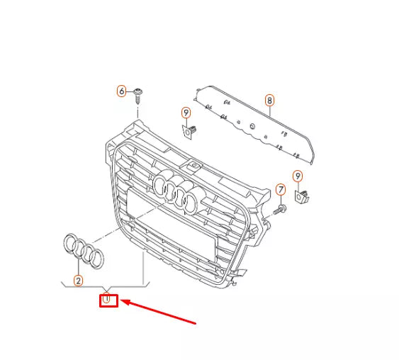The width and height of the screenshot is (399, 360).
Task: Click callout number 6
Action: (121, 91)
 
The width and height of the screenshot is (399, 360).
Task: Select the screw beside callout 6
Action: (138, 93)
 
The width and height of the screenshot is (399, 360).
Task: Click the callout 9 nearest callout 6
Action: (186, 112)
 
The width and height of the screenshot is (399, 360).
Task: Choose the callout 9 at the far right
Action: (298, 176)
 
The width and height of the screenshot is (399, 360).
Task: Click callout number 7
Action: (281, 190)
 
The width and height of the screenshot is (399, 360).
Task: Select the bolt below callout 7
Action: (279, 209)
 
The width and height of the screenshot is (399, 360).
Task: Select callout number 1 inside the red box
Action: (107, 300)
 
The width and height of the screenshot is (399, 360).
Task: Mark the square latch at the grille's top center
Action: (193, 166)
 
